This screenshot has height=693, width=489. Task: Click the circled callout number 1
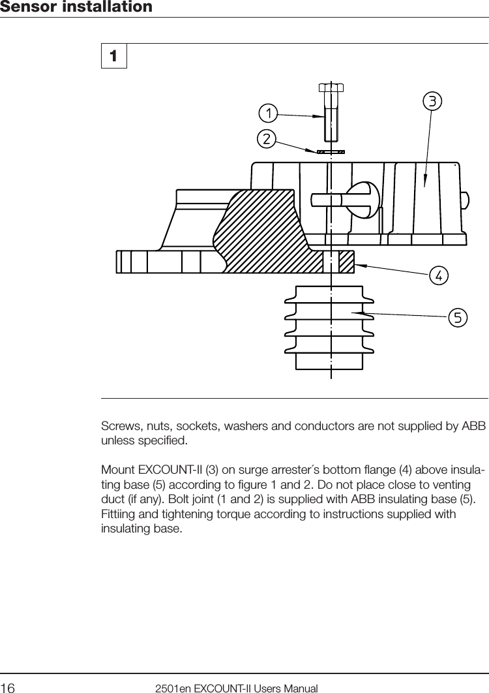(x=267, y=113)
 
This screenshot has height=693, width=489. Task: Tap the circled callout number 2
(x=265, y=138)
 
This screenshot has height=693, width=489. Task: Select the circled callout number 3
(x=432, y=101)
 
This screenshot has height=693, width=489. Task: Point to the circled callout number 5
(x=458, y=318)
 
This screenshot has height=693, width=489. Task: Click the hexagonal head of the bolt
(x=331, y=87)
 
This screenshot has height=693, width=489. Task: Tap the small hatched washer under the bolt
(x=331, y=151)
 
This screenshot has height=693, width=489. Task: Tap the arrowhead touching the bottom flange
(x=359, y=265)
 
